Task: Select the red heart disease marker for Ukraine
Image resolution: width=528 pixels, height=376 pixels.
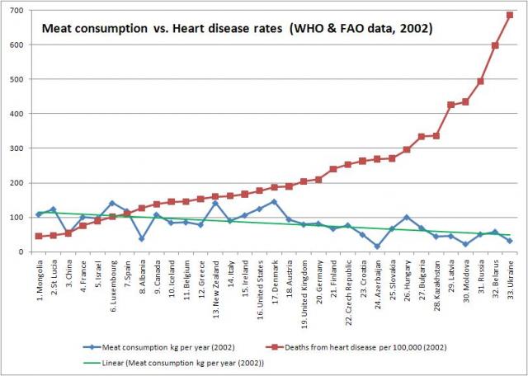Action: (x=509, y=15)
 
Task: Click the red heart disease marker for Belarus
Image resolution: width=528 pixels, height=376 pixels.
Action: (x=495, y=45)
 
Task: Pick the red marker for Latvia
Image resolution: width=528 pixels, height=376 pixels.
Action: (x=450, y=105)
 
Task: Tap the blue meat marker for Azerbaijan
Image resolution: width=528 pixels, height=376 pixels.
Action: (x=376, y=246)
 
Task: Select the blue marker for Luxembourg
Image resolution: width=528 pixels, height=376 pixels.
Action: (x=112, y=203)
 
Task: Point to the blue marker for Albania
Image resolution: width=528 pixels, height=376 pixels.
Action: (x=141, y=238)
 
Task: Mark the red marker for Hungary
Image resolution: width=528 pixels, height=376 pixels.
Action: (x=406, y=149)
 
